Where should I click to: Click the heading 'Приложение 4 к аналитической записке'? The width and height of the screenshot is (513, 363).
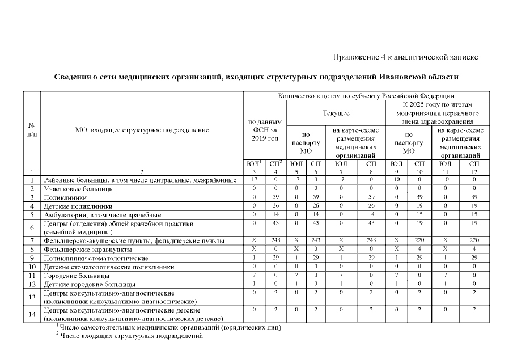(406, 57)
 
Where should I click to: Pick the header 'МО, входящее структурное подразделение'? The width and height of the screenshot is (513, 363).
(142, 130)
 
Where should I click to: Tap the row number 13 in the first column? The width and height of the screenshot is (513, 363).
(32, 297)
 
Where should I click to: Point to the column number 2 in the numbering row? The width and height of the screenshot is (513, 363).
(142, 171)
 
